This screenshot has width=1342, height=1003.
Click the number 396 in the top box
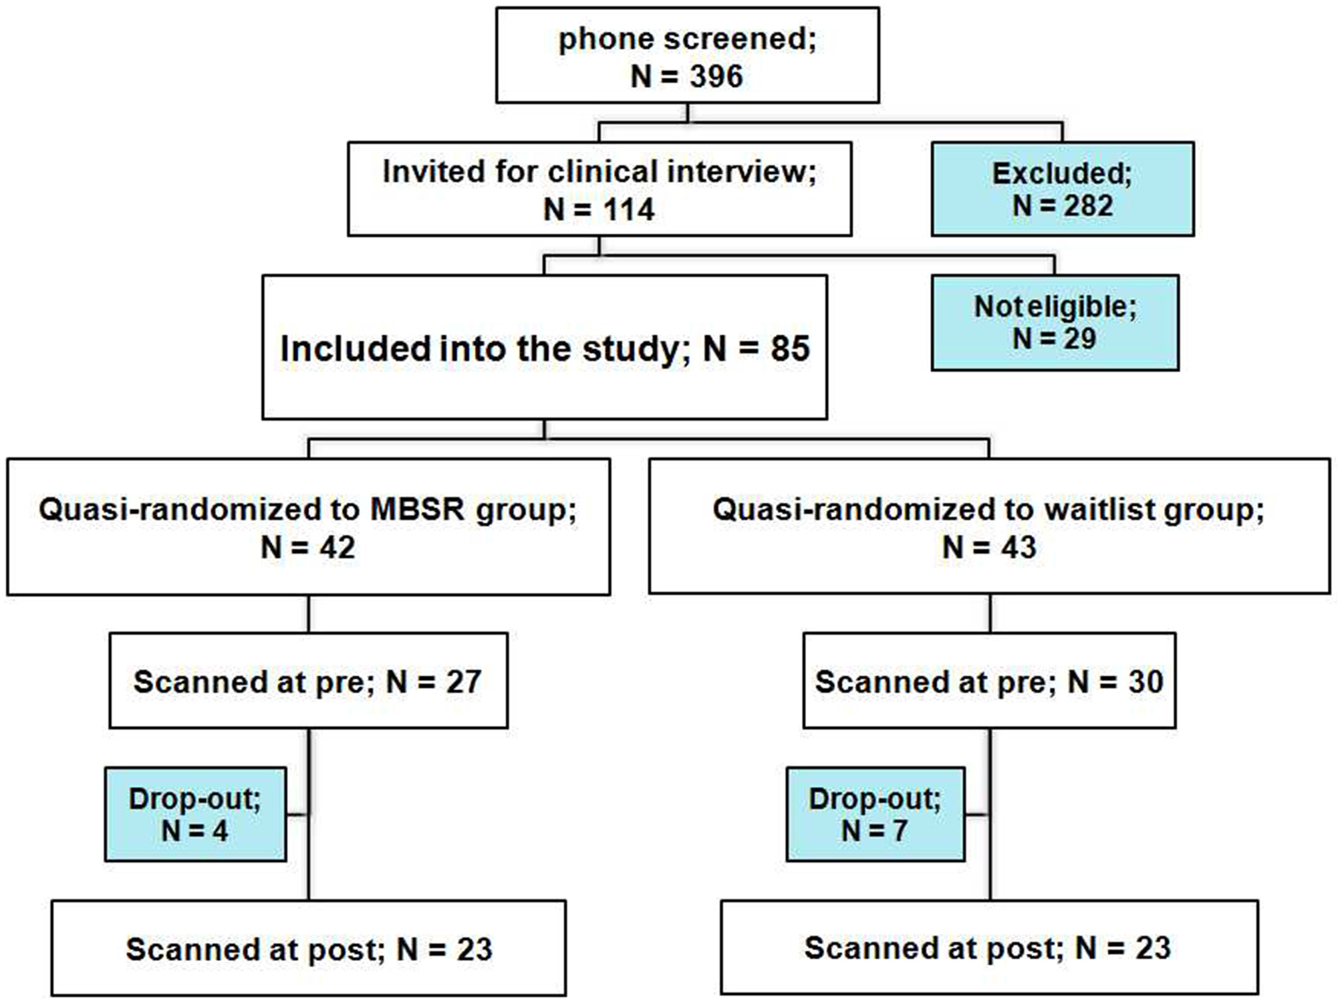pos(716,76)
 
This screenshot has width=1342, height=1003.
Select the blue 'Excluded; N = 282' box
pos(1062,189)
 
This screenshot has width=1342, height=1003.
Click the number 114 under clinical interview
pos(628,210)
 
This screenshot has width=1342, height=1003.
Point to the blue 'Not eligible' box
pos(1055,322)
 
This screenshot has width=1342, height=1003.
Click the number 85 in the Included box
pos(789,349)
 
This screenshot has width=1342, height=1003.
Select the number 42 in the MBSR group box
pos(336,548)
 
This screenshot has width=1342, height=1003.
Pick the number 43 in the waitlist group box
pos(1017,548)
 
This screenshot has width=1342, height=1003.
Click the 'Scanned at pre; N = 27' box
pos(308,681)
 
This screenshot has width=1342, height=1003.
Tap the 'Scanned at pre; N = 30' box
pos(988,681)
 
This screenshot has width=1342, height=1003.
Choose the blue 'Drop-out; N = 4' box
pos(195,814)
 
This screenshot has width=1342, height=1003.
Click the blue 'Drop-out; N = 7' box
pos(875,814)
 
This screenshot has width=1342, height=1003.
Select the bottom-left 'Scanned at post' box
pos(308,948)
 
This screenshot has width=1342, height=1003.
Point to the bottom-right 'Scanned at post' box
pos(988,948)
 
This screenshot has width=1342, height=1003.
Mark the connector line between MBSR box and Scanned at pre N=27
pos(309,614)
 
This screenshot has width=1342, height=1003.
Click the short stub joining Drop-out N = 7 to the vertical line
pos(977,814)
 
